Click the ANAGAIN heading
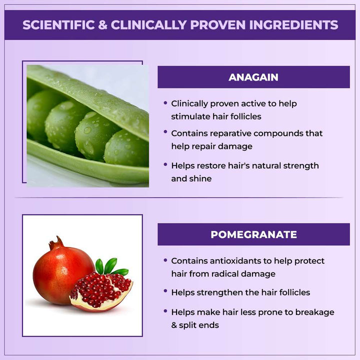point(253,77)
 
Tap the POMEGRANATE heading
point(253,234)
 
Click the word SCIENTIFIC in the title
point(58,25)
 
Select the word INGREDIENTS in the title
point(293,25)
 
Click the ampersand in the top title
point(103,25)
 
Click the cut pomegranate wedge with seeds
point(101,291)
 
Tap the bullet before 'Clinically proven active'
point(165,103)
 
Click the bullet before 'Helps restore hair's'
point(165,164)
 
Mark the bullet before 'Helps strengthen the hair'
point(165,291)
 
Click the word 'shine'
point(201,178)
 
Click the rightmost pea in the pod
point(126,148)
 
